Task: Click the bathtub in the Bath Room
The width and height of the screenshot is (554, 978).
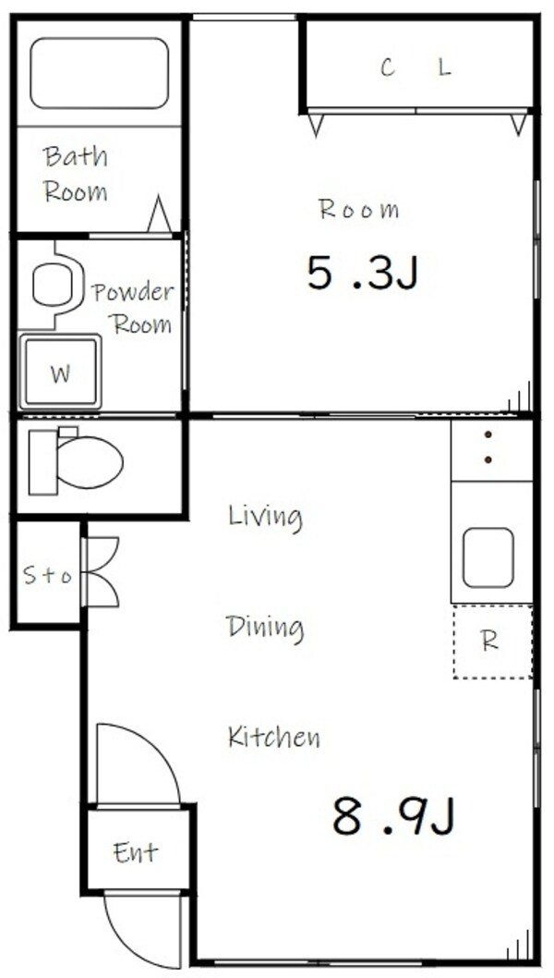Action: click(x=99, y=73)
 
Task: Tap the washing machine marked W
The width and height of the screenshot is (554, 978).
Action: click(x=61, y=373)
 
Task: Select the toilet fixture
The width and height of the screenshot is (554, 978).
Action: click(x=78, y=462)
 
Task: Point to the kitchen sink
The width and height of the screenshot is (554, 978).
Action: click(x=488, y=557)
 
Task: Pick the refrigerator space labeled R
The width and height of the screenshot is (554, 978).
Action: click(x=491, y=642)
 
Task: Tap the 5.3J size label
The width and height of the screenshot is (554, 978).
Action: click(x=362, y=274)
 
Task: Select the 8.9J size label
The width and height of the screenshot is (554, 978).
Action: click(x=394, y=816)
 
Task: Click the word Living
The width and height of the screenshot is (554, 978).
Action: click(x=265, y=516)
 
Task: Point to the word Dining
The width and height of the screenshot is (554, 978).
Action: click(x=265, y=628)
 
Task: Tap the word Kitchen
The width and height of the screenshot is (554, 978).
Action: click(x=273, y=737)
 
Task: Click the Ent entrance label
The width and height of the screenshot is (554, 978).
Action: click(x=135, y=851)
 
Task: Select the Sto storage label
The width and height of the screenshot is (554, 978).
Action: click(x=46, y=576)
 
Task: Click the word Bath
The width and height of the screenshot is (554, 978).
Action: click(x=75, y=156)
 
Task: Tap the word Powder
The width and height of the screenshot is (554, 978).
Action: click(x=133, y=293)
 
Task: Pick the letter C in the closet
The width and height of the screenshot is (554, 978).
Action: click(x=388, y=67)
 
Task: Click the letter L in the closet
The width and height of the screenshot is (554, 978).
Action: click(x=445, y=67)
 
